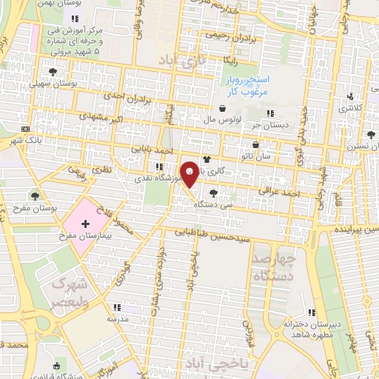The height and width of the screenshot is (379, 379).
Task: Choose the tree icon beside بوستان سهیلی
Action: (x=52, y=72)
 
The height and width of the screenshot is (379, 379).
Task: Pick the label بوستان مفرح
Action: (x=54, y=209)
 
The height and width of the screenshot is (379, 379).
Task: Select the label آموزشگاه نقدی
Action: (x=130, y=178)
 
